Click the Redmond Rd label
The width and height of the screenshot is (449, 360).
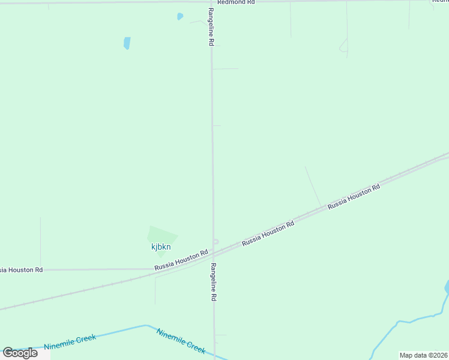click(x=236, y=2)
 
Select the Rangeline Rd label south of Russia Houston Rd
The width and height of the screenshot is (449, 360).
click(x=213, y=281)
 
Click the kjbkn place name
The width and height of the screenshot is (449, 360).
click(x=161, y=247)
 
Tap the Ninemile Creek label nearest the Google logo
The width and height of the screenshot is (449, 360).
click(x=70, y=342)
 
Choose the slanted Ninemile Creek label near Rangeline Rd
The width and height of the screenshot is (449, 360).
click(x=181, y=341)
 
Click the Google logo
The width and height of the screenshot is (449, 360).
click(x=20, y=353)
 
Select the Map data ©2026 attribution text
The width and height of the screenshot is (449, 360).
click(x=423, y=355)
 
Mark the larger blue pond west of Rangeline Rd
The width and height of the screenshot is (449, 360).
click(x=127, y=43)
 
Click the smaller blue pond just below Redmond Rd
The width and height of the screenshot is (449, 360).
click(x=179, y=16)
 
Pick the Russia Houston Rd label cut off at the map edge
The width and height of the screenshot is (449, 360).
click(x=21, y=270)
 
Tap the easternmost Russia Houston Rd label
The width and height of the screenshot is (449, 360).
click(x=354, y=196)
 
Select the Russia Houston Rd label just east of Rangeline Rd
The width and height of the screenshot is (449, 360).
click(x=268, y=233)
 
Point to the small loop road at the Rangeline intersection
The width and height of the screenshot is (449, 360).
click(x=216, y=242)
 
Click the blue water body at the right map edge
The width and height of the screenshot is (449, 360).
click(x=447, y=288)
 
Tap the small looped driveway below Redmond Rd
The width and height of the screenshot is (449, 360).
click(x=344, y=46)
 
